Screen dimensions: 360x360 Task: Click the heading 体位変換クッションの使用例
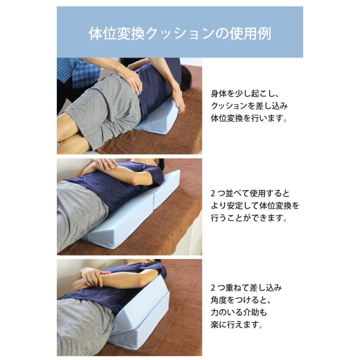[x=180, y=34]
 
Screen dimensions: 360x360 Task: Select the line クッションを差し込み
[x=250, y=106]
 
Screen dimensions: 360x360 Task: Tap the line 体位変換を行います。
[x=250, y=119]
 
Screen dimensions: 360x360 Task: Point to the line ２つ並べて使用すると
[x=250, y=194]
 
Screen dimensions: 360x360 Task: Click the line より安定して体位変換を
[x=255, y=206]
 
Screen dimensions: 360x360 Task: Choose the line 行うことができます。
[x=250, y=219]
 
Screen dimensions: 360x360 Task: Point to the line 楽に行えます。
[x=238, y=325]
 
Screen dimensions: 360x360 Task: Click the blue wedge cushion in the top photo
[x=158, y=118]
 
